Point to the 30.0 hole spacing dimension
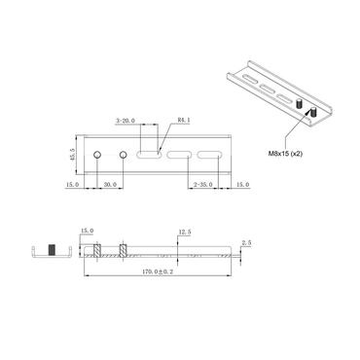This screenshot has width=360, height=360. pyautogui.click(x=109, y=184)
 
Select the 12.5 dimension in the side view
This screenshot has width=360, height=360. pyautogui.click(x=185, y=233)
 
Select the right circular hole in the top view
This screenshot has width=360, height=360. pyautogui.click(x=124, y=156)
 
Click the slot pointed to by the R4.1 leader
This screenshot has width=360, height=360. pyautogui.click(x=150, y=156)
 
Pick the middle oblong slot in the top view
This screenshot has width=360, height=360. pyautogui.click(x=179, y=156)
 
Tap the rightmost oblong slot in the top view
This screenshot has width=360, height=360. pyautogui.click(x=209, y=156)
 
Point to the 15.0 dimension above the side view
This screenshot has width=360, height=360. pyautogui.click(x=87, y=231)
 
